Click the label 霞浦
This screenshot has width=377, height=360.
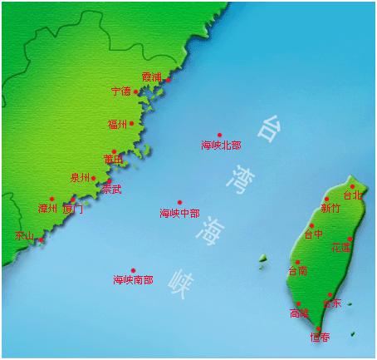click(151, 77)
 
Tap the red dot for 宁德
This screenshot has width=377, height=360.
click(136, 91)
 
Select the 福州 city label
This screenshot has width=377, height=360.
click(117, 125)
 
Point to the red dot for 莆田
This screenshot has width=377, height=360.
click(115, 152)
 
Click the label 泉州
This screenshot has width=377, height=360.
click(80, 178)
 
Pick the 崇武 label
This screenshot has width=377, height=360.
click(111, 190)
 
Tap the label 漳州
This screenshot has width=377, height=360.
click(47, 209)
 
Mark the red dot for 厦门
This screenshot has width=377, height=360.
click(73, 200)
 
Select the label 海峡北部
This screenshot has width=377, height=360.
click(221, 145)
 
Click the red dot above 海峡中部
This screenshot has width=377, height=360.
click(179, 202)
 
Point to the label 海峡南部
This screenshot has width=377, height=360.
click(133, 280)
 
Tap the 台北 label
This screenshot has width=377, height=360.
click(352, 196)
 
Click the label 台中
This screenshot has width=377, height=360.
click(313, 235)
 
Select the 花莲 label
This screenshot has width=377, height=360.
click(341, 248)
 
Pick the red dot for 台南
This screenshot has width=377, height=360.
click(297, 262)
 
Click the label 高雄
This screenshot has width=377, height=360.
click(299, 313)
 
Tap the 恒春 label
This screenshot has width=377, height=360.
click(320, 338)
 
